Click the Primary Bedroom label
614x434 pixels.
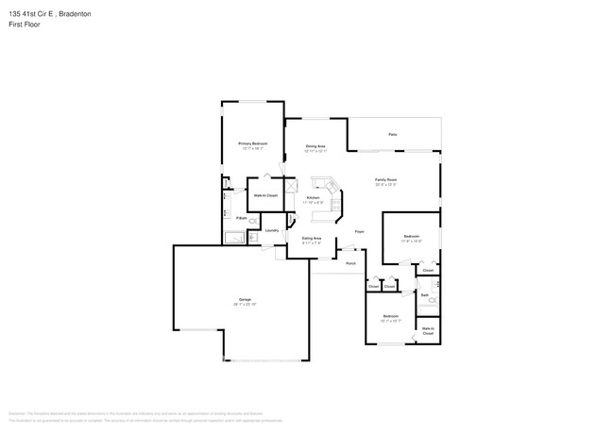tap(252, 143)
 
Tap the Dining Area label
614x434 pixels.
tap(316, 146)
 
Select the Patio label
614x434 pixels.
tap(393, 135)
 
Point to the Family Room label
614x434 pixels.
tap(384, 180)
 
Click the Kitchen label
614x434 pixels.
tap(313, 197)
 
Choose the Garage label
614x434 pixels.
tap(245, 299)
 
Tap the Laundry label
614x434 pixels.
tap(271, 230)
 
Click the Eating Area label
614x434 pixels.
tap(311, 238)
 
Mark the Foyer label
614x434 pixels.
tap(359, 230)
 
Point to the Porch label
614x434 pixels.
tap(350, 262)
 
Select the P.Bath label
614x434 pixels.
tap(242, 219)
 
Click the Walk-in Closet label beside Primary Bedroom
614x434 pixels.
tap(264, 195)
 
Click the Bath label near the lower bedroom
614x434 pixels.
tap(424, 294)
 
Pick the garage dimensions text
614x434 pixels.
tap(245, 304)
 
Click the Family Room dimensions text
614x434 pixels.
tap(384, 185)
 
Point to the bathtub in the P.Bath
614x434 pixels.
tap(235, 238)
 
